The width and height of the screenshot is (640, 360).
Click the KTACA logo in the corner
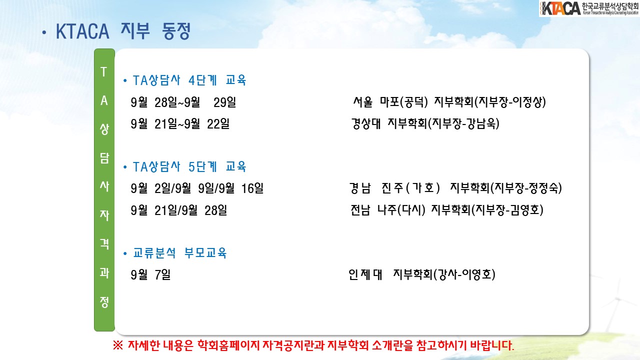click(x=589, y=8)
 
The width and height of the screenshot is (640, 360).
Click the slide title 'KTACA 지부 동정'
click(x=123, y=31)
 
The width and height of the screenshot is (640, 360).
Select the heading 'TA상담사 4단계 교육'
click(x=189, y=80)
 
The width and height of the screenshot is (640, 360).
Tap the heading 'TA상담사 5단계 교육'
click(x=189, y=166)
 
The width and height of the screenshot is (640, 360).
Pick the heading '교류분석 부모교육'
click(x=180, y=253)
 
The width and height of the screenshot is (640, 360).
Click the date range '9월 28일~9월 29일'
click(x=183, y=102)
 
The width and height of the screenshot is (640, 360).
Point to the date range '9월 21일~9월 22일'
click(x=180, y=123)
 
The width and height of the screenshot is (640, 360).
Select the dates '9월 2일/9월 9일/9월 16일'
click(x=197, y=188)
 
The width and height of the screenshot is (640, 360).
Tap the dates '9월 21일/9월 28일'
click(x=179, y=210)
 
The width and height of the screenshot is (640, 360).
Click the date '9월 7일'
click(x=150, y=274)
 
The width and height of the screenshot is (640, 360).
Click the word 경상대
click(x=366, y=123)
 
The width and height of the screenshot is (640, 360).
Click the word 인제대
click(x=365, y=274)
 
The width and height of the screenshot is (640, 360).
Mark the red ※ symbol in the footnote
click(x=118, y=345)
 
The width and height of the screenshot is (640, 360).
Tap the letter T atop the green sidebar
click(x=103, y=71)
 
